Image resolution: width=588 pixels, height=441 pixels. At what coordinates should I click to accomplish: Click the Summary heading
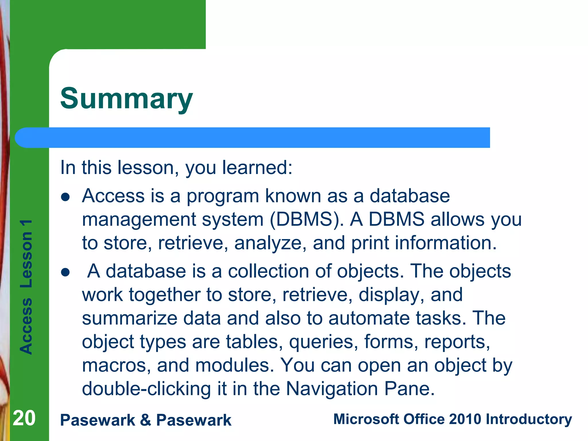coord(126,98)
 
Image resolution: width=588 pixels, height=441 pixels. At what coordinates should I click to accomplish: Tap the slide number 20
coord(24,418)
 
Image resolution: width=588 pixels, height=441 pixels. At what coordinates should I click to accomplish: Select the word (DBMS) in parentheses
coord(307,219)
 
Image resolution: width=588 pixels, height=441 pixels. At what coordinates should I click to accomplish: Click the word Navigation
coord(332,389)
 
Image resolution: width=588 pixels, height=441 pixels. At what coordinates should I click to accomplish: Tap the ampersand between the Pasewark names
coord(146,420)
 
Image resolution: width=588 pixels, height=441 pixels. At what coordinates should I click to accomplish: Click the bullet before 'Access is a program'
coord(65,197)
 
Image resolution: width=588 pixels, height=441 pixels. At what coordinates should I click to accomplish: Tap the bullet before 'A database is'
coord(65,272)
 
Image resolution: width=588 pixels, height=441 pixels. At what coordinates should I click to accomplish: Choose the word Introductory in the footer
coord(529,419)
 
